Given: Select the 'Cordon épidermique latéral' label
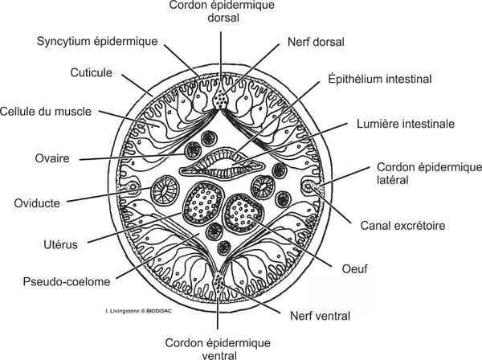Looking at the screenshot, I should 416,174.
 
